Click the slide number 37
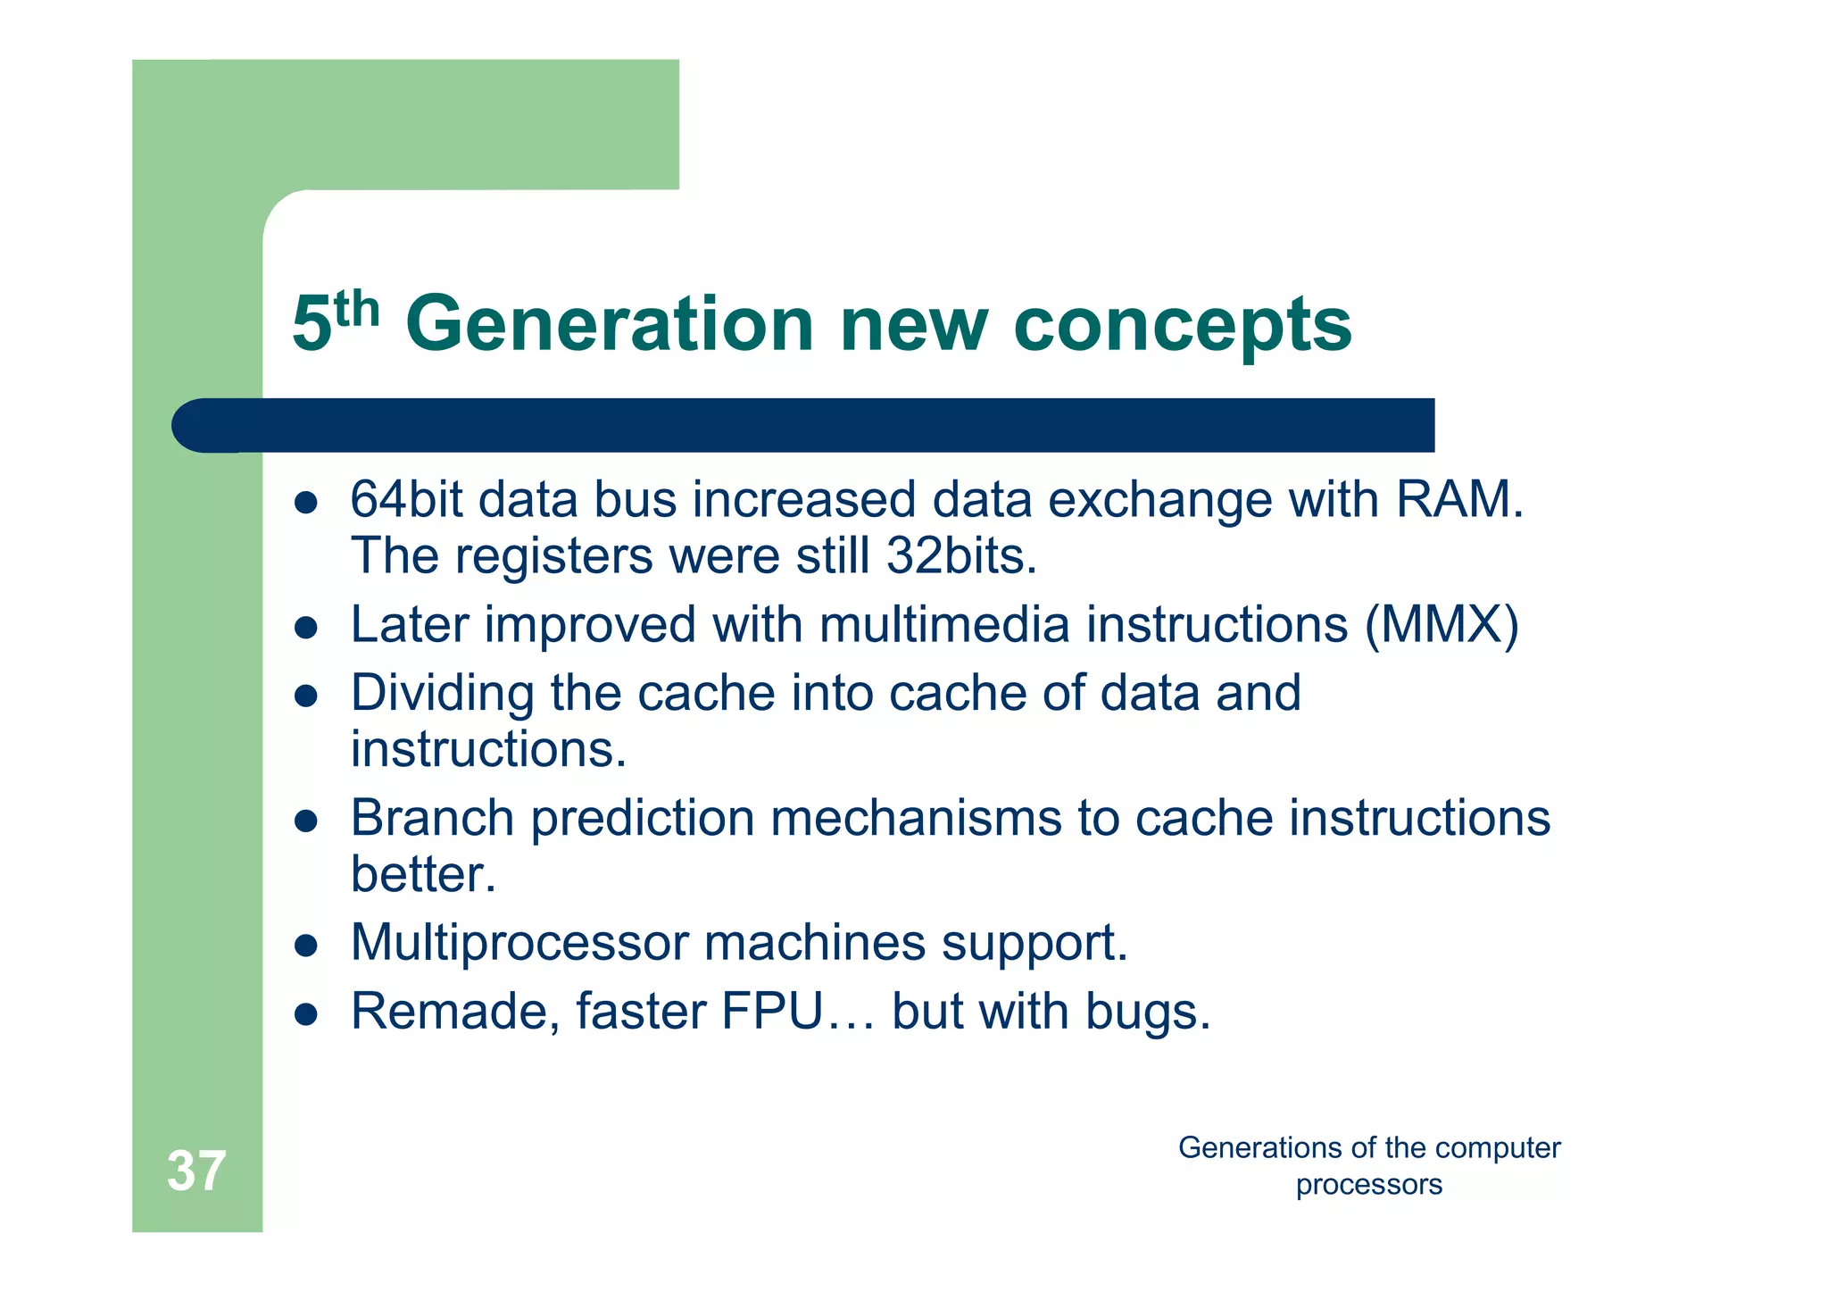point(196,1171)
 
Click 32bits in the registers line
point(960,555)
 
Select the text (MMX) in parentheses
point(1441,624)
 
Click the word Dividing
point(441,694)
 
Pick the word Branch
point(432,818)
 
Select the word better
point(422,874)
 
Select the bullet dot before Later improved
point(306,628)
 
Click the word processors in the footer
point(1368,1186)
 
